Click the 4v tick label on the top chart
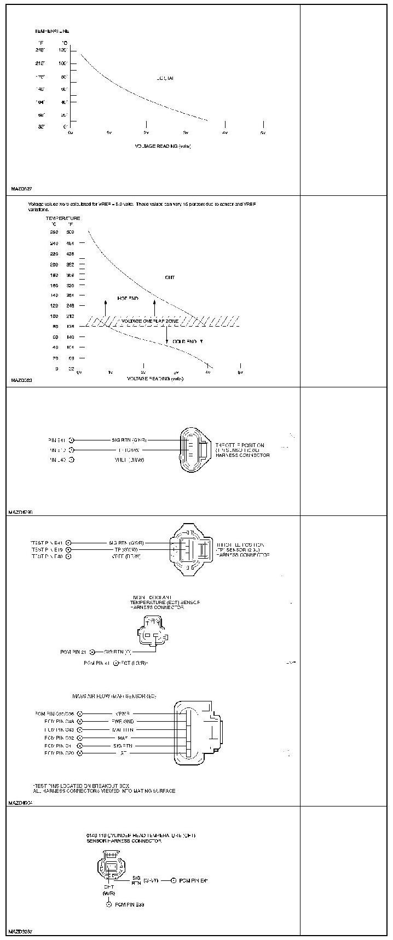click(224, 133)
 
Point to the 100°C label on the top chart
click(63, 63)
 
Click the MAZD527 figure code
click(21, 189)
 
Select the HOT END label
click(128, 299)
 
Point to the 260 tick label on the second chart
click(54, 232)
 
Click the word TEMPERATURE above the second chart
click(63, 218)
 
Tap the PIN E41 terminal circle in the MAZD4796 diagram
click(72, 440)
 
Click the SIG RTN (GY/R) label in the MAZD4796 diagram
click(129, 440)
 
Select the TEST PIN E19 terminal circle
click(68, 549)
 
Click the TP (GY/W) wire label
click(125, 549)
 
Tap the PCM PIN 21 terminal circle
click(93, 652)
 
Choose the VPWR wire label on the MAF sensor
click(122, 713)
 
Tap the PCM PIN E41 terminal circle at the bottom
click(174, 881)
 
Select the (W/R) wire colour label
click(108, 893)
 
